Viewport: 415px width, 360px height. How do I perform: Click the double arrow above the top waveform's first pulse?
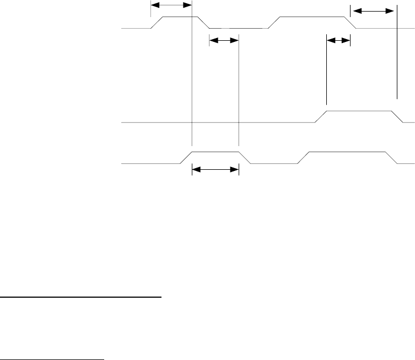(171, 4)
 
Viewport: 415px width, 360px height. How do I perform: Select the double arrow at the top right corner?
(373, 10)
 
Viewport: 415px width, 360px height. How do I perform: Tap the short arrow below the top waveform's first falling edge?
(224, 40)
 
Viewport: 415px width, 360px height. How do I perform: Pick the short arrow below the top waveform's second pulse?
(338, 40)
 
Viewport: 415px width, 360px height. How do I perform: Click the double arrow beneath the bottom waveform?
(215, 170)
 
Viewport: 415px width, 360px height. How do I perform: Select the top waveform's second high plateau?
(314, 17)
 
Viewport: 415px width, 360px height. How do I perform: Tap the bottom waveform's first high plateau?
(215, 151)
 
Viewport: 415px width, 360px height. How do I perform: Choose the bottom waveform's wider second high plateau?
(351, 151)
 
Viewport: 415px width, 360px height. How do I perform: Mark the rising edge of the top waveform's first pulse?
(157, 23)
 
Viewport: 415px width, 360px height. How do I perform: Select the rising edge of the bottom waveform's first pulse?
(186, 157)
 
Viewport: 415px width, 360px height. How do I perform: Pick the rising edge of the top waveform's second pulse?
(274, 23)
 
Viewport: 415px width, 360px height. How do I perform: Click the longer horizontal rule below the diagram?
(80, 297)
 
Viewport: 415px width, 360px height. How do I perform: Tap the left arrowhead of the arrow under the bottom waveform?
(195, 170)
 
